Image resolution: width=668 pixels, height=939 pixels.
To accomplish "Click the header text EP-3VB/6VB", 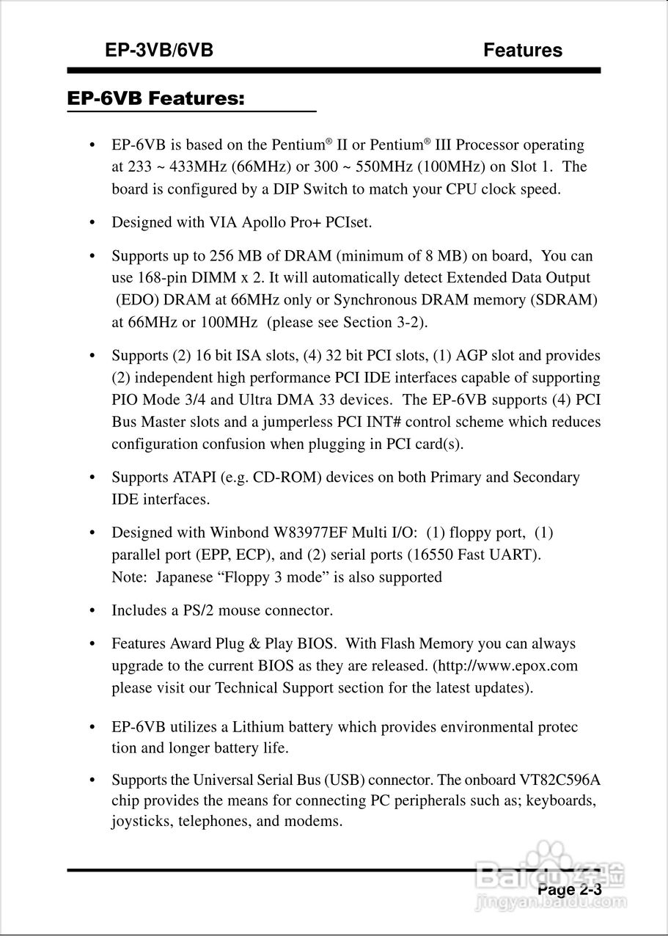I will pyautogui.click(x=159, y=51).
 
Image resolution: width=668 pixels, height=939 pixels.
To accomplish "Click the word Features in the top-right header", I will pyautogui.click(x=523, y=51).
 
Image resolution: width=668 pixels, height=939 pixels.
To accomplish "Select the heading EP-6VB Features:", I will pyautogui.click(x=155, y=98).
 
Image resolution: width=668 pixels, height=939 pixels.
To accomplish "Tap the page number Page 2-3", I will pyautogui.click(x=570, y=889).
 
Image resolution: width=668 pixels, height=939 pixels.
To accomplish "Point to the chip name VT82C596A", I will pyautogui.click(x=554, y=779).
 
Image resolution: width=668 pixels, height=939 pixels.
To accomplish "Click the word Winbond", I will pyautogui.click(x=237, y=533).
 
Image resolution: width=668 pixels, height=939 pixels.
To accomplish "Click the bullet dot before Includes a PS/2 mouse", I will pyautogui.click(x=92, y=611).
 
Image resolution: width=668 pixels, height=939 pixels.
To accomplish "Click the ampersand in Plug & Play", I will pyautogui.click(x=254, y=644).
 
